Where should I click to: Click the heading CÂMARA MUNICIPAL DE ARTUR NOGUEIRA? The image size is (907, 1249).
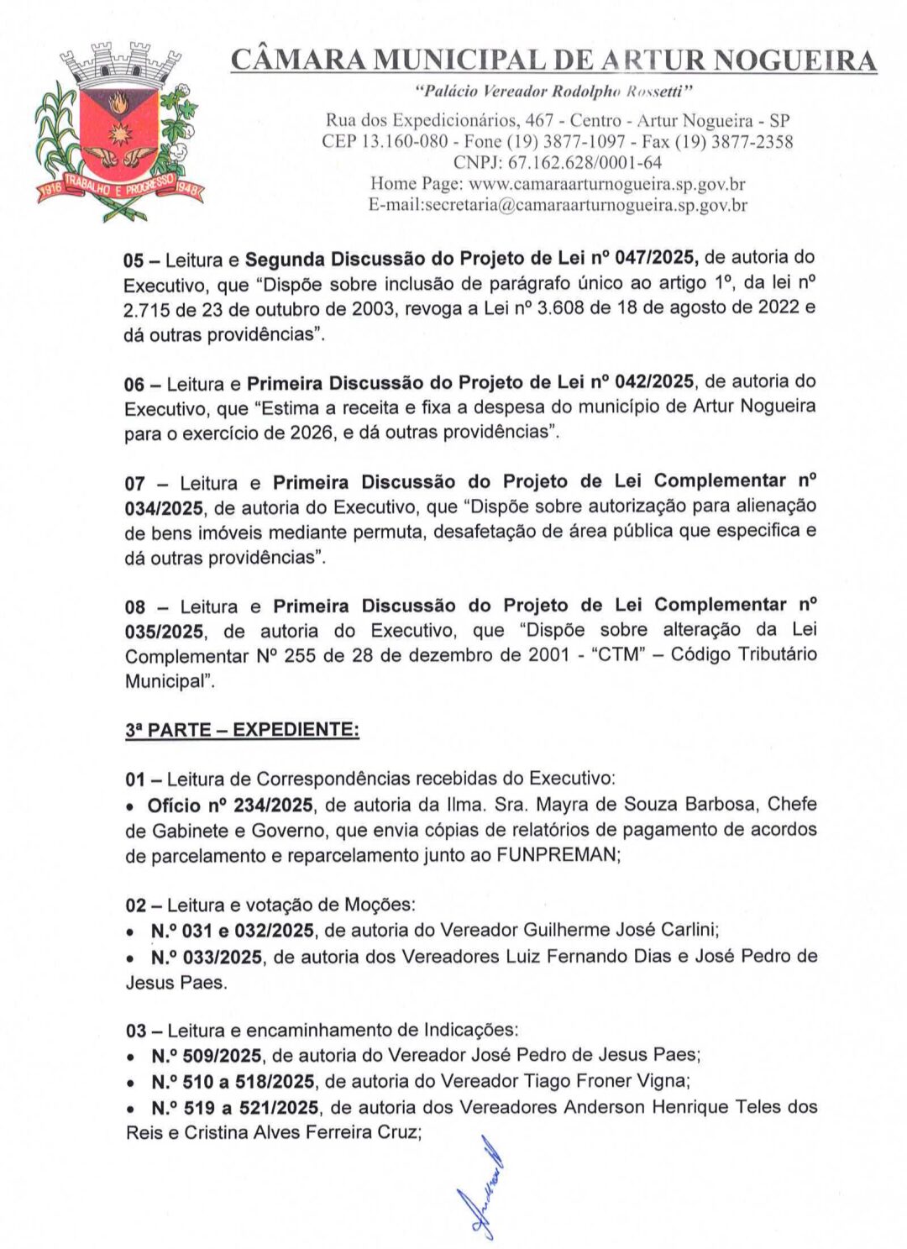point(553,60)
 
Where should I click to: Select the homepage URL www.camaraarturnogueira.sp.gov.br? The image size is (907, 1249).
point(606,184)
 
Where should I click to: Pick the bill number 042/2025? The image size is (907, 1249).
point(653,382)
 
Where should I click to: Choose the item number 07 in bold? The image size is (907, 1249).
point(134,484)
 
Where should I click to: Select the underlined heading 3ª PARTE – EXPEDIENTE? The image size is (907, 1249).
point(242,730)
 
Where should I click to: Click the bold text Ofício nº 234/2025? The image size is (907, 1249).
point(230,806)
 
